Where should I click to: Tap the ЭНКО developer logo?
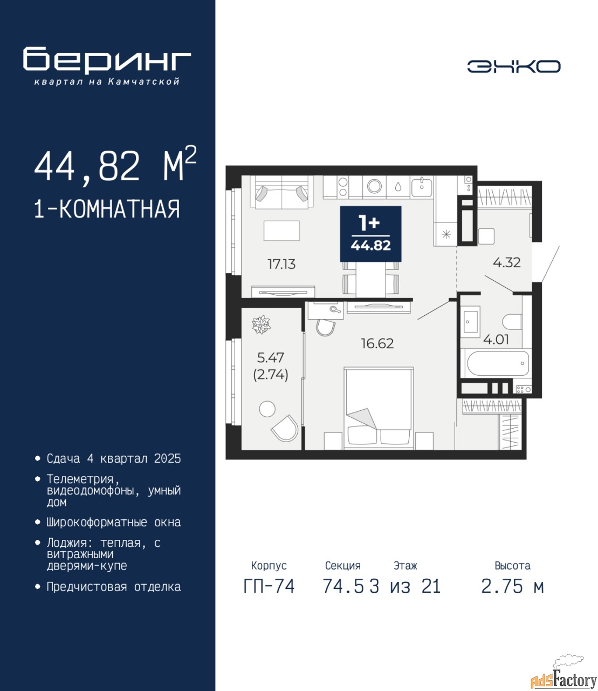(x=513, y=66)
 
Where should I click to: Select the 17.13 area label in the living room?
(x=281, y=264)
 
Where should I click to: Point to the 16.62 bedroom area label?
(x=377, y=343)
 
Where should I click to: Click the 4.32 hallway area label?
(x=506, y=262)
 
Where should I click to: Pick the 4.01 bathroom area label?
(x=496, y=340)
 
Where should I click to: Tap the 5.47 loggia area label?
(x=271, y=358)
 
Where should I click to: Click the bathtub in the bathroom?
(x=498, y=363)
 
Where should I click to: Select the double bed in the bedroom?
(x=379, y=409)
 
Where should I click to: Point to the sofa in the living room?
(x=282, y=192)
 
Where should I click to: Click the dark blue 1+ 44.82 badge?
(x=370, y=234)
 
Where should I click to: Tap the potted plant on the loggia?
(x=261, y=324)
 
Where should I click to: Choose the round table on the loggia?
(x=267, y=409)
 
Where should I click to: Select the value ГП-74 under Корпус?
(x=269, y=586)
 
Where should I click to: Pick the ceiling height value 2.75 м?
(x=512, y=586)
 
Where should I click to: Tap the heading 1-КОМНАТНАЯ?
(x=107, y=209)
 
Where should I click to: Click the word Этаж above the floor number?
(x=405, y=566)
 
